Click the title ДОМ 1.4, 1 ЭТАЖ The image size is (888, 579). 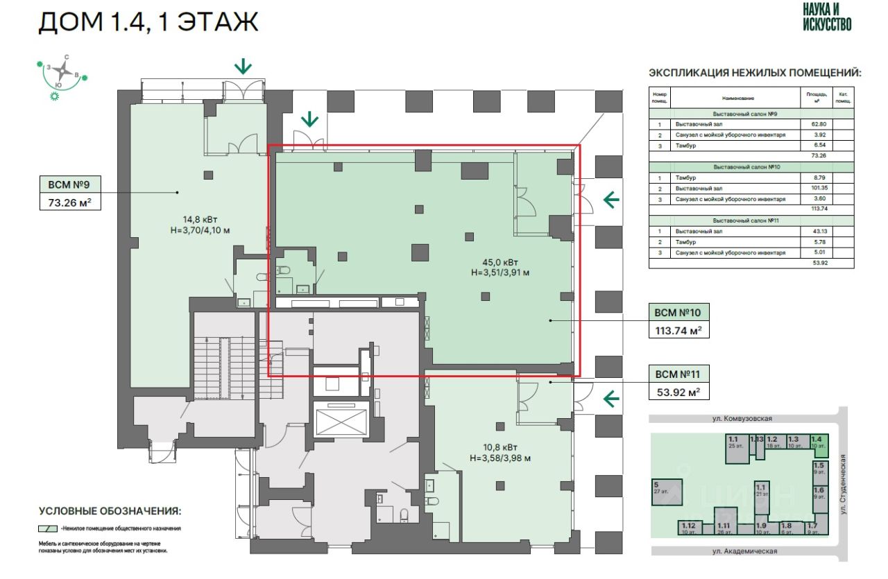(x=148, y=22)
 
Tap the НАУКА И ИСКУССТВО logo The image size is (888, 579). (x=827, y=17)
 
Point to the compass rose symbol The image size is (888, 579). (x=62, y=71)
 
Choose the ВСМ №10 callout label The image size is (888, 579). (x=678, y=312)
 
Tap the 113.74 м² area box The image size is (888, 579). (x=678, y=331)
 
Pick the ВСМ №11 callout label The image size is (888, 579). (x=678, y=374)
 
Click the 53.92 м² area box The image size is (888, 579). (x=678, y=393)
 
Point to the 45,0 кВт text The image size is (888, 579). (x=499, y=261)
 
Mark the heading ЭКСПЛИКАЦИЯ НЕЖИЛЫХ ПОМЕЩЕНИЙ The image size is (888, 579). (x=755, y=73)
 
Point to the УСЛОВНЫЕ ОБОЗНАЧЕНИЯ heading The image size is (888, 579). (x=110, y=511)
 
